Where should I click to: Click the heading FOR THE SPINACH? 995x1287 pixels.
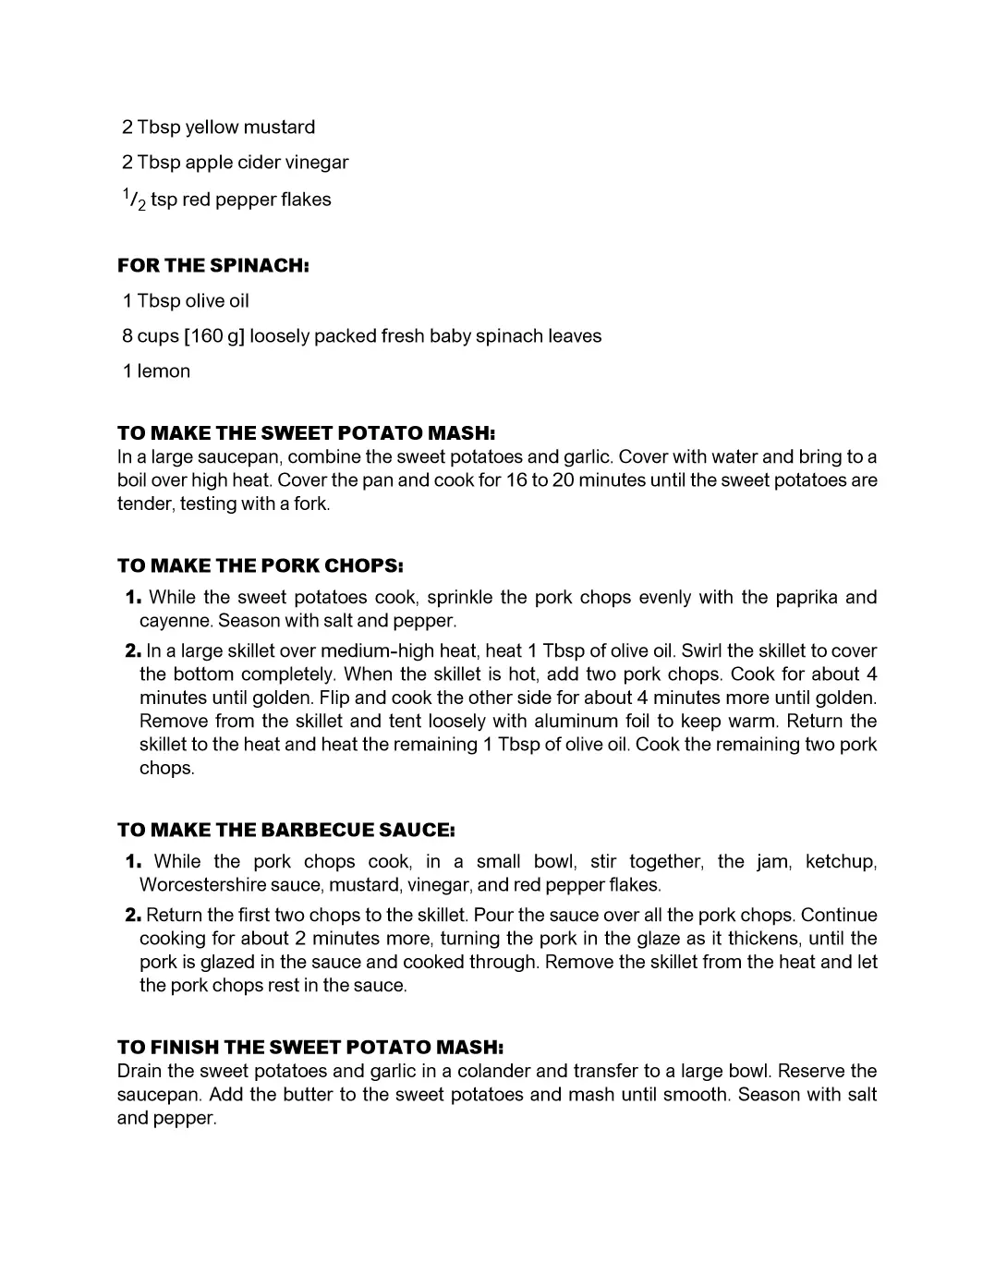pyautogui.click(x=212, y=266)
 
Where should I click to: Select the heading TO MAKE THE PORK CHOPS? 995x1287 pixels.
pyautogui.click(x=260, y=565)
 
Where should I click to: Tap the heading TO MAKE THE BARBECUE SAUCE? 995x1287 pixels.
pyautogui.click(x=285, y=830)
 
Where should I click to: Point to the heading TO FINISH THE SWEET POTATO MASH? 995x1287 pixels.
pyautogui.click(x=309, y=1048)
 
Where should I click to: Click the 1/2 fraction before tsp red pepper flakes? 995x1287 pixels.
pyautogui.click(x=134, y=200)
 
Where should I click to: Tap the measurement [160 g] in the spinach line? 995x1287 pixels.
pyautogui.click(x=214, y=336)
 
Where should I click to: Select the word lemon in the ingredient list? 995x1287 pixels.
pyautogui.click(x=164, y=371)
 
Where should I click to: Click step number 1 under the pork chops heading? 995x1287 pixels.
pyautogui.click(x=133, y=598)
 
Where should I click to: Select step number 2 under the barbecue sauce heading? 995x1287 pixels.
pyautogui.click(x=133, y=916)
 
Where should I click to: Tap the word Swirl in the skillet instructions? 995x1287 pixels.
pyautogui.click(x=701, y=651)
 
